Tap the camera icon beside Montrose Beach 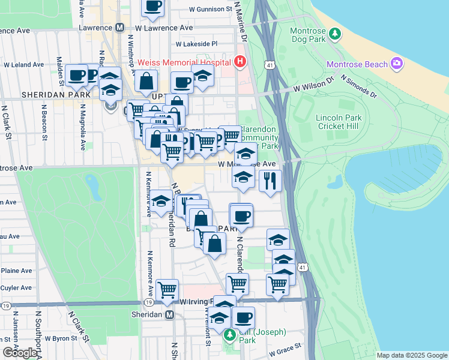[396, 63]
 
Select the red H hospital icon [240, 61]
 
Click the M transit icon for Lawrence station [119, 28]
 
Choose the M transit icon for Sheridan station [170, 314]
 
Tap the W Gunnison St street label [210, 10]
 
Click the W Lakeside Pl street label [196, 44]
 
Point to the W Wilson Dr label [313, 88]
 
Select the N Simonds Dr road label [358, 86]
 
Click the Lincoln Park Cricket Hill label [339, 122]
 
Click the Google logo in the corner [20, 353]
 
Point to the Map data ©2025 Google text [411, 355]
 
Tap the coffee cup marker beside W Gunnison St [152, 6]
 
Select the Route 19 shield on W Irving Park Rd [6, 305]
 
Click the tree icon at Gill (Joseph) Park [229, 334]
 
